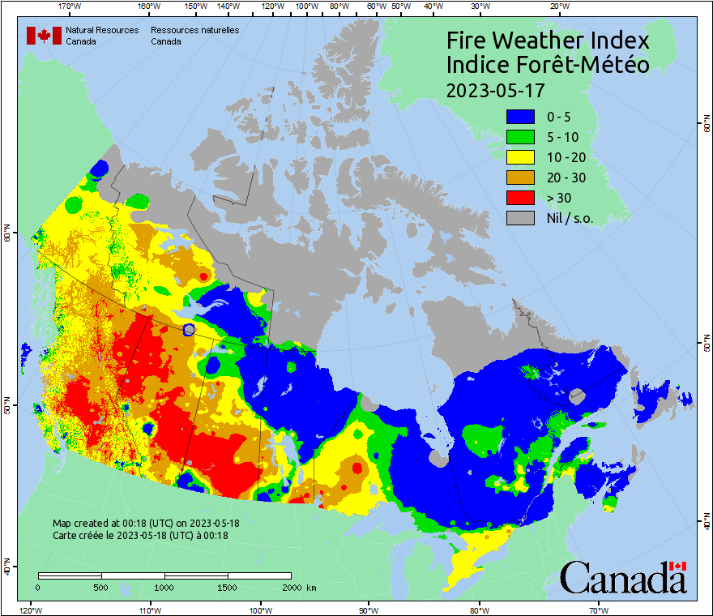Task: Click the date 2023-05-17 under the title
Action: (495, 89)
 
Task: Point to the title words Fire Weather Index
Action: (549, 41)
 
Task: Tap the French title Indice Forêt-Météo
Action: (548, 65)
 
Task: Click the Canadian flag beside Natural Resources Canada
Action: (44, 36)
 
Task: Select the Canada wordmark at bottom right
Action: (623, 578)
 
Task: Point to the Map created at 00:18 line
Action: (146, 524)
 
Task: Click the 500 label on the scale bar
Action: (100, 587)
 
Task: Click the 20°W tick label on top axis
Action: (557, 6)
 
